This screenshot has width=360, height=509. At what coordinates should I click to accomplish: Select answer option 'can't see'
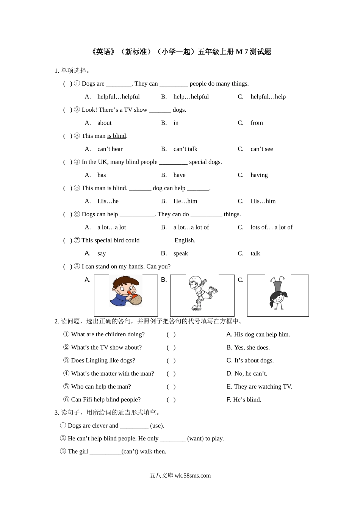[261, 149]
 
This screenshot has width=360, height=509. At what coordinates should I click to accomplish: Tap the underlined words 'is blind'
[117, 136]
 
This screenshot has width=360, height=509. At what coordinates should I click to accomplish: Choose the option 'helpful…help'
[268, 97]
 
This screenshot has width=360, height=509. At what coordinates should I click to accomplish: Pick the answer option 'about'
[104, 123]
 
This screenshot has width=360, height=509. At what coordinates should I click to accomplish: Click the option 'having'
[259, 175]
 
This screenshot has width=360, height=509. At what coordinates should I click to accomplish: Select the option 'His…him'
[263, 201]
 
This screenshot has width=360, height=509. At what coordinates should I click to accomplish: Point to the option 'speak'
[180, 254]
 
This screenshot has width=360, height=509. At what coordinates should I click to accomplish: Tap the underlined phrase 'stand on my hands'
[119, 267]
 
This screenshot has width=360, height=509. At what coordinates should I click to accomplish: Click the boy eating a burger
[126, 292]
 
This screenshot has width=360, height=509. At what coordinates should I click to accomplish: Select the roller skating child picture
[202, 293]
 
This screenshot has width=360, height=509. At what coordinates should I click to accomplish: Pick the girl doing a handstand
[278, 293]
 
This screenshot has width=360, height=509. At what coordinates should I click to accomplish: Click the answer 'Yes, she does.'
[252, 348]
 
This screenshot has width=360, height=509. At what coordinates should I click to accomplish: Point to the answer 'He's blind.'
[247, 400]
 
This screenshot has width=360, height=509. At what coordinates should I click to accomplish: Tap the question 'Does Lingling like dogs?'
[103, 361]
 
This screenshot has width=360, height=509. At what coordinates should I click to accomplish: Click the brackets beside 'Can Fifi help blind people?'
[171, 400]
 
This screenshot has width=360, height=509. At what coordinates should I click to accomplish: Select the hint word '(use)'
[157, 426]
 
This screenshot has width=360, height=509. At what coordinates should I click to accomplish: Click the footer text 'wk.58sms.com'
[193, 476]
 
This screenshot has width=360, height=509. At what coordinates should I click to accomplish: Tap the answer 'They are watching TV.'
[263, 387]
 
